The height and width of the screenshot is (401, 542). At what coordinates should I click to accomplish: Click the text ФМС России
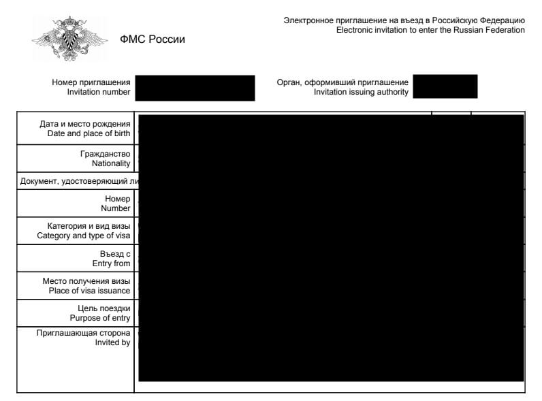point(152,39)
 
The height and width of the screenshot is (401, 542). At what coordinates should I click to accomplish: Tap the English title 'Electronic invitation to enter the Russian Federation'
point(430,31)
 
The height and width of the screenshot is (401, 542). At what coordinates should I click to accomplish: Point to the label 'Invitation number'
point(99,92)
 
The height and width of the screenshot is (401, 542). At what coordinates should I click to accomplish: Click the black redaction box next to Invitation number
point(195,88)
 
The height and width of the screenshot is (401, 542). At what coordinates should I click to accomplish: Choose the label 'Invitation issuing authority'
point(361,92)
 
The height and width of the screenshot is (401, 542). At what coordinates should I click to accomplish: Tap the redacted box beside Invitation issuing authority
point(445,86)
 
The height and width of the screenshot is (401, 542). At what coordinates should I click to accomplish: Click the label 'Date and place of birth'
point(93,133)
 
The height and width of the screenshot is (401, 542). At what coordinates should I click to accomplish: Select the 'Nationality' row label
point(111,163)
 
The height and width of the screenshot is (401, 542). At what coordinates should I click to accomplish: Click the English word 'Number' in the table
point(115,208)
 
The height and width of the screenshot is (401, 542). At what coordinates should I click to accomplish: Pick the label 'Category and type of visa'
point(84,236)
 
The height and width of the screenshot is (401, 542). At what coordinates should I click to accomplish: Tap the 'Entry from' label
point(111,263)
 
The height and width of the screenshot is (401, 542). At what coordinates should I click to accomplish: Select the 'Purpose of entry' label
point(100,318)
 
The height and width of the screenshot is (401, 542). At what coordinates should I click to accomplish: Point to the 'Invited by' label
point(112,343)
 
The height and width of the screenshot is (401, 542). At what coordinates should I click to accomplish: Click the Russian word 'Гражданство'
point(105,154)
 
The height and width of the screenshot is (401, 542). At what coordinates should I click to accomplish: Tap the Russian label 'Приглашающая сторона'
point(83,333)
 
